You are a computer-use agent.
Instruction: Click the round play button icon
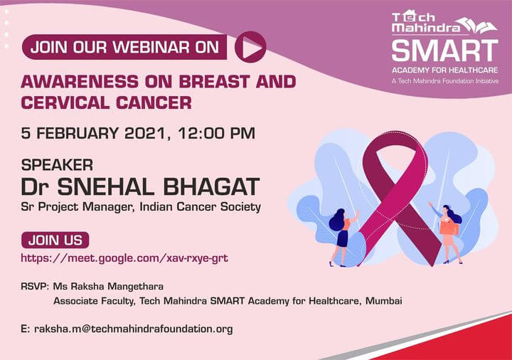(x=250, y=47)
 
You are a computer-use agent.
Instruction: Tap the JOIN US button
(x=55, y=240)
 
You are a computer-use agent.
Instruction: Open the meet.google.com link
(x=124, y=258)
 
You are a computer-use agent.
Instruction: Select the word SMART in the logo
(x=444, y=51)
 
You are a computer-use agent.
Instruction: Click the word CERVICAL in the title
(x=65, y=103)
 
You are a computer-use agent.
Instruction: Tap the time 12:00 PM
(x=216, y=133)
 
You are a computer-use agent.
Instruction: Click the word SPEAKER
(x=57, y=165)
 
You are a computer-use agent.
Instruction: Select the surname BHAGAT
(x=212, y=187)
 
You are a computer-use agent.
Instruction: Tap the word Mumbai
(x=384, y=300)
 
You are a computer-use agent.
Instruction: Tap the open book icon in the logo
(x=477, y=25)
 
